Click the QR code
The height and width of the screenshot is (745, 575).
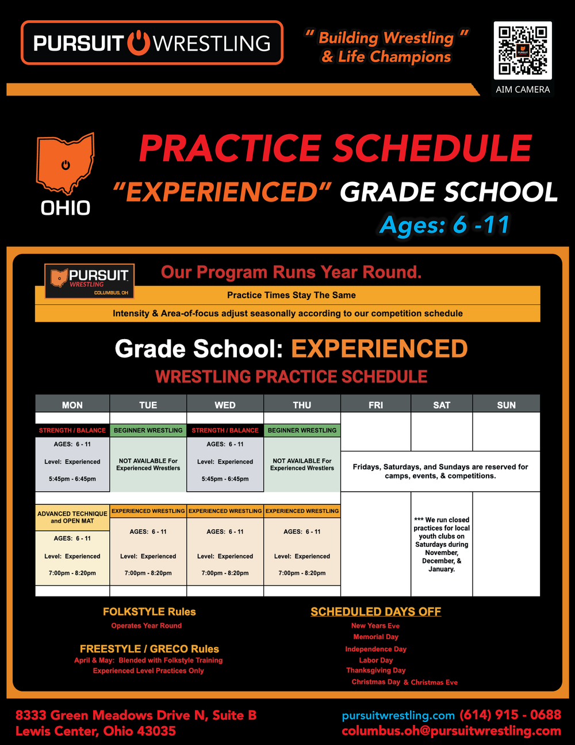click(x=523, y=51)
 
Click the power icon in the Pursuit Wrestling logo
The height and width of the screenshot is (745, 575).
click(x=138, y=43)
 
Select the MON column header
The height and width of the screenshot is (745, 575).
click(x=72, y=405)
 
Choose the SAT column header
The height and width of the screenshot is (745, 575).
click(x=442, y=405)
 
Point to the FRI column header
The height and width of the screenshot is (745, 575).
click(x=376, y=405)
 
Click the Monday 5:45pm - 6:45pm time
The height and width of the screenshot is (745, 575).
click(x=72, y=479)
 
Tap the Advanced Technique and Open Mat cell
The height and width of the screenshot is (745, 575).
click(x=72, y=518)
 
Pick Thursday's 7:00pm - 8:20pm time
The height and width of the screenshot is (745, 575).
click(x=302, y=573)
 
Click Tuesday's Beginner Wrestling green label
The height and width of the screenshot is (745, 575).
click(x=148, y=430)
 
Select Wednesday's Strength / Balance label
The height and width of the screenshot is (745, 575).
click(x=225, y=430)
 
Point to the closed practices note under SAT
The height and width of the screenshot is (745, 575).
click(x=442, y=544)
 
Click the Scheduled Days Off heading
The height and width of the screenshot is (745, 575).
click(x=376, y=611)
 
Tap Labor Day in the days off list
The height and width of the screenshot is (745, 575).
click(x=376, y=660)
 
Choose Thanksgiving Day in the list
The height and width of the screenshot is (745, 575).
click(x=376, y=670)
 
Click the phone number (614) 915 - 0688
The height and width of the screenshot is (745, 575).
click(x=511, y=715)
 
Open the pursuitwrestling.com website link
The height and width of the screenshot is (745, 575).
click(x=398, y=716)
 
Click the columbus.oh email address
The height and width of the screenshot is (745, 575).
click(x=451, y=731)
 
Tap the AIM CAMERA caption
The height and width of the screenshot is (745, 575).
click(x=523, y=89)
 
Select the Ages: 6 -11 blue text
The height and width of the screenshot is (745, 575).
click(x=444, y=225)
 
